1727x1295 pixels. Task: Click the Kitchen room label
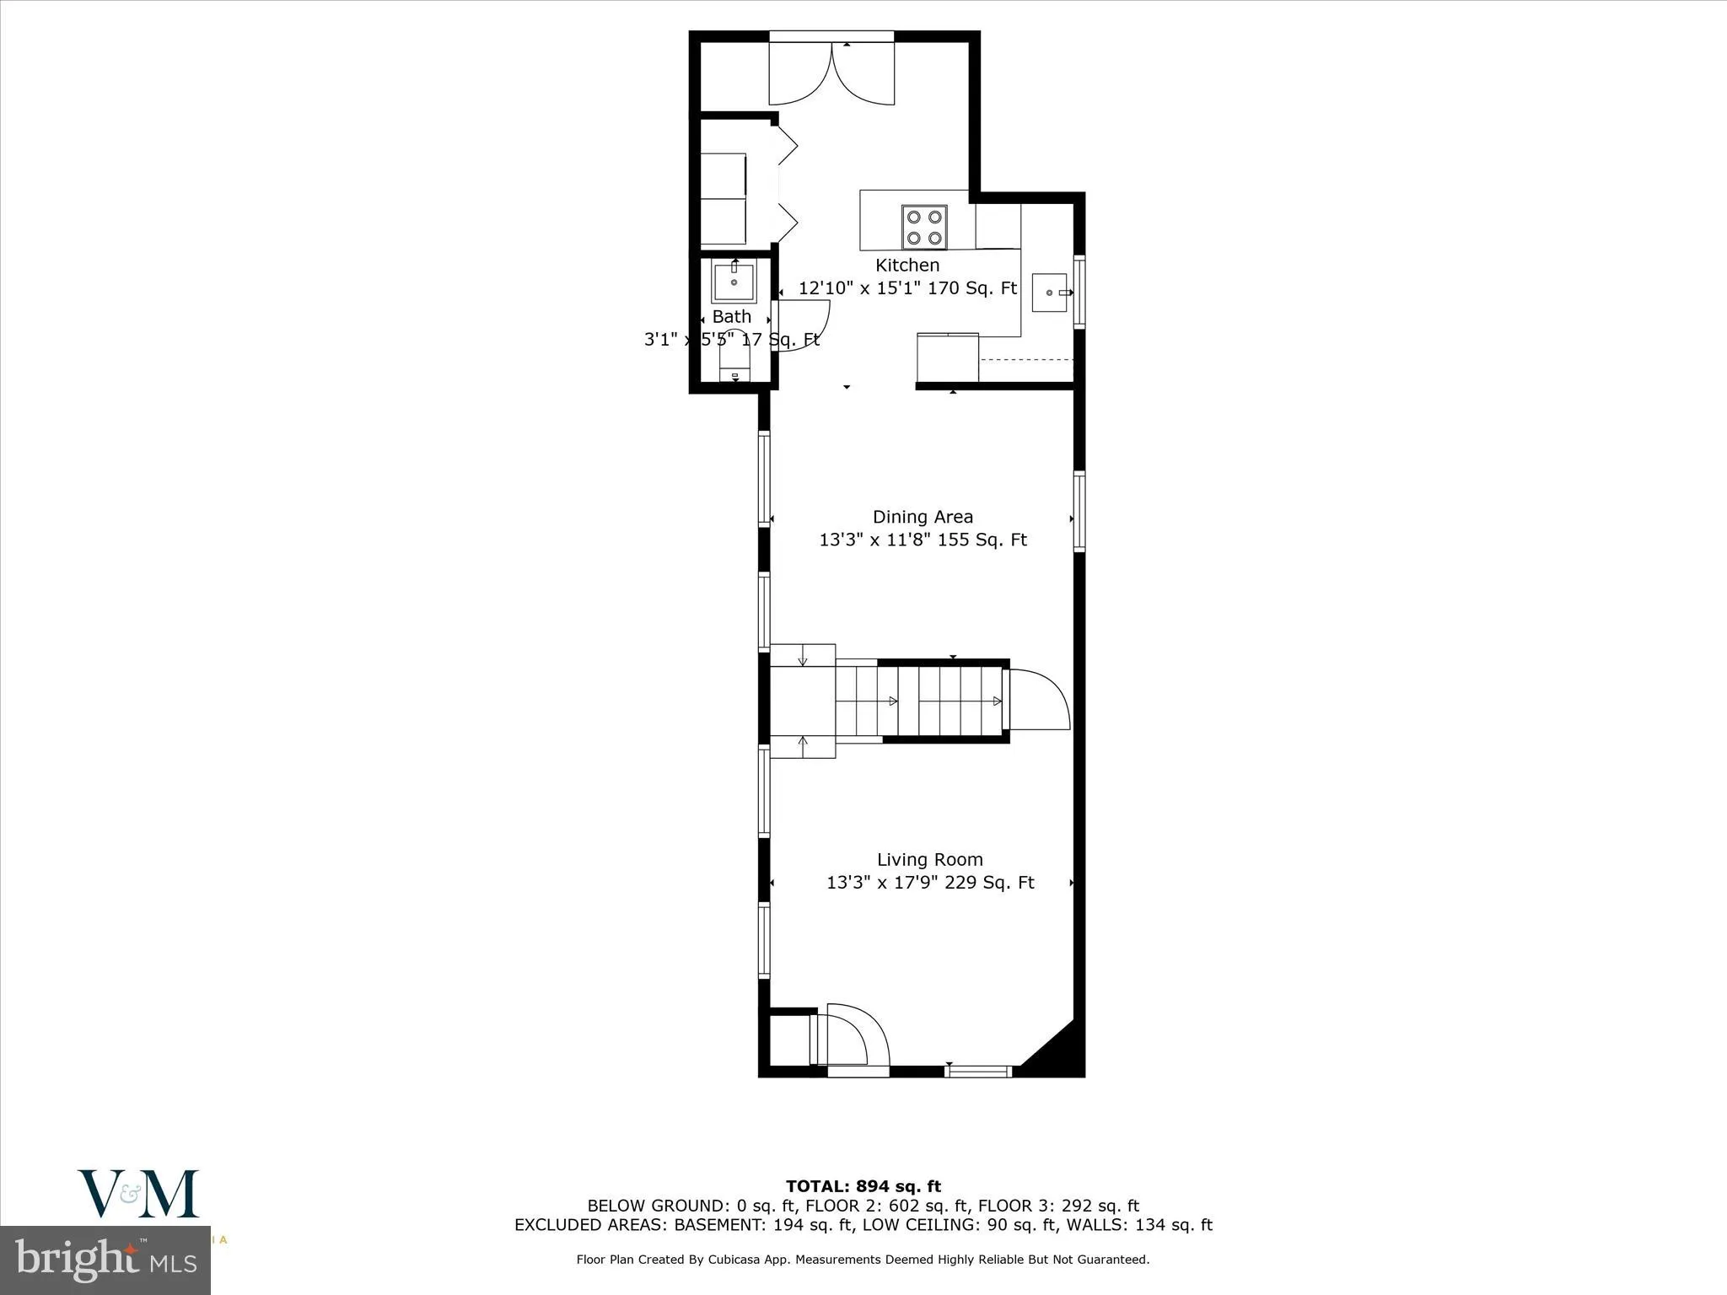907,266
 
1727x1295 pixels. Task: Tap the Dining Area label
923,517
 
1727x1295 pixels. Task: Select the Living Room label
929,860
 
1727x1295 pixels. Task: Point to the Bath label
731,317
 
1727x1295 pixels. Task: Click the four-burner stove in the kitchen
923,228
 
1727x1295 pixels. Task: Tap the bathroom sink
734,282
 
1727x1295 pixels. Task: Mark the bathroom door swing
803,324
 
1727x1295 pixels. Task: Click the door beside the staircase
1039,700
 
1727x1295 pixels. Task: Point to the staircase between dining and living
919,701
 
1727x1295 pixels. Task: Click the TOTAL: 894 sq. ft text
863,1187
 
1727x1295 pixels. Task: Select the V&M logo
139,1193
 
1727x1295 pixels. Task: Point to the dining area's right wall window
1079,512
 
